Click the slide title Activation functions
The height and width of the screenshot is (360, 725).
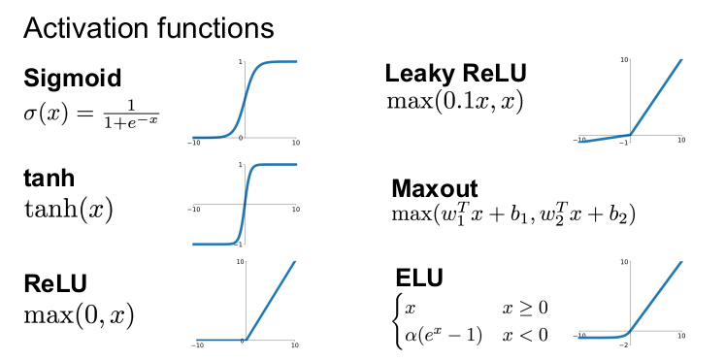click(x=148, y=28)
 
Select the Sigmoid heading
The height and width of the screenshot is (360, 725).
click(x=73, y=78)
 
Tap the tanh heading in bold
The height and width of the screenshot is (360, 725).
click(x=49, y=178)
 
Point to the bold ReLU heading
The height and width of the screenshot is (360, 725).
click(x=55, y=282)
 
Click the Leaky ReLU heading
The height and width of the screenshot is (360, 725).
click(x=455, y=73)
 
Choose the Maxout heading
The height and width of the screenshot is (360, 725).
click(x=435, y=188)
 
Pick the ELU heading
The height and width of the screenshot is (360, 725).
click(x=419, y=278)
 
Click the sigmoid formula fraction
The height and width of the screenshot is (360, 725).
click(x=131, y=114)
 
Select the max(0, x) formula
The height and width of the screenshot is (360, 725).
click(x=79, y=315)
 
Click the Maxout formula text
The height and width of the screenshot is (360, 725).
click(x=513, y=213)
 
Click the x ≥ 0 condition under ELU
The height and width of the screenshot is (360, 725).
click(x=525, y=308)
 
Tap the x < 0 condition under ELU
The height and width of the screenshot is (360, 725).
click(x=525, y=335)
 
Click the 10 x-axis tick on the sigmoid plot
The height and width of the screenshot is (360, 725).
click(x=296, y=143)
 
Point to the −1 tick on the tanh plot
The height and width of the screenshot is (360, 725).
click(x=239, y=244)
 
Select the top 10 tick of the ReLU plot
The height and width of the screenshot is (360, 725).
click(x=240, y=262)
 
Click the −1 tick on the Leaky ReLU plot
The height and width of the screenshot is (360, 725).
click(x=625, y=144)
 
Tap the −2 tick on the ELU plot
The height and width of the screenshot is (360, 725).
click(x=625, y=345)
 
